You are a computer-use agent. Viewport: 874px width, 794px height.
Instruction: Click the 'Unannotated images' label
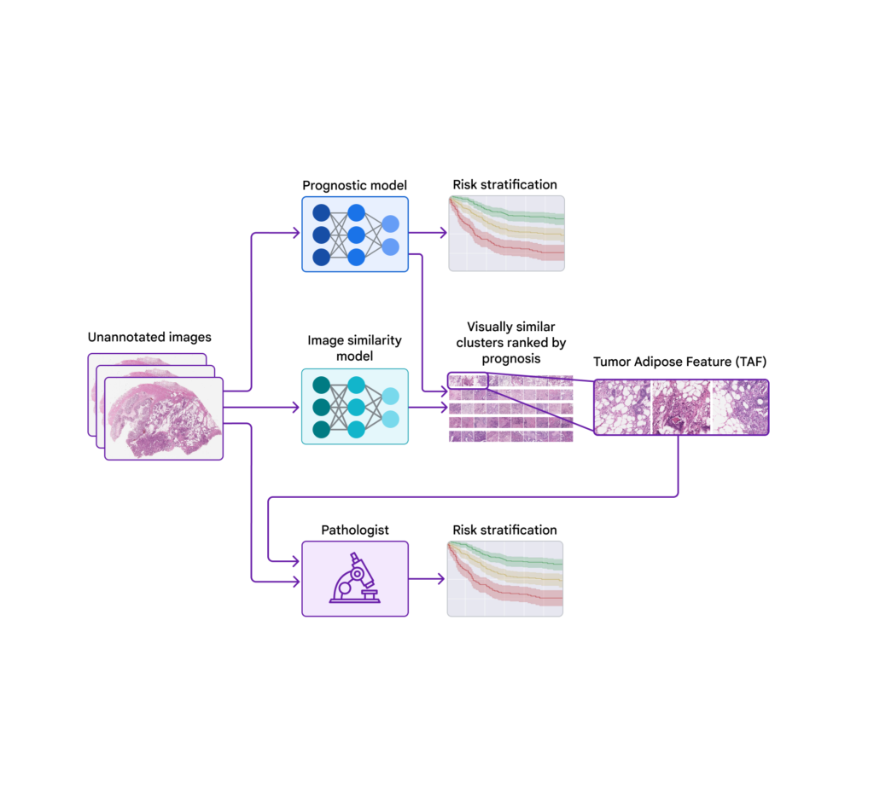149,337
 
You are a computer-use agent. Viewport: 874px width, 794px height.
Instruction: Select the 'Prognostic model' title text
354,185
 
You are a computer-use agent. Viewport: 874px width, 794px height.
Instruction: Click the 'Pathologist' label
354,530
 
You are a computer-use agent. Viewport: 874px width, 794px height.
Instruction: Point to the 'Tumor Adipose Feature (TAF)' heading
680,362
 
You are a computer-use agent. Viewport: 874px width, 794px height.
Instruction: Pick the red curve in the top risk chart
512,248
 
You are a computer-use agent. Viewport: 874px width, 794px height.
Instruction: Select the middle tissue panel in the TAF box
680,407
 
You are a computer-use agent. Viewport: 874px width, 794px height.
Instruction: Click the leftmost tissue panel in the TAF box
623,407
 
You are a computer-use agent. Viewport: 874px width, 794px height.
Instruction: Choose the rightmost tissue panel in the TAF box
738,407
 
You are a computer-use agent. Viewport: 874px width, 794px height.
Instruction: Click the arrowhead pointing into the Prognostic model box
296,233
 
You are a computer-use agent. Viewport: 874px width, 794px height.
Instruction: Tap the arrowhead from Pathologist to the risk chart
440,579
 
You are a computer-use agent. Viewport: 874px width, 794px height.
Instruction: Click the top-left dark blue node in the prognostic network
322,212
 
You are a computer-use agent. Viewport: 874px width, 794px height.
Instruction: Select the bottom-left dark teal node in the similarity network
322,429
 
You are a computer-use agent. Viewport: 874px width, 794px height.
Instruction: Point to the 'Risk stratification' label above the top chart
504,185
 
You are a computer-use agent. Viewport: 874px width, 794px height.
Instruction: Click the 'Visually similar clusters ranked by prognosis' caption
510,343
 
